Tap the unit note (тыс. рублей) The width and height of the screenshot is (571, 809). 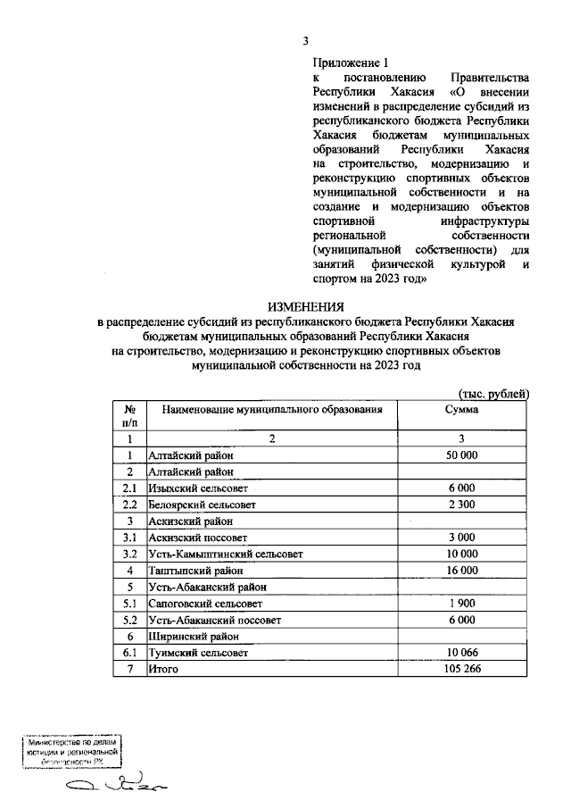click(x=493, y=393)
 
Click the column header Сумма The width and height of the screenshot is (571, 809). click(x=461, y=408)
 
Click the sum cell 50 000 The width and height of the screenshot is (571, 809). click(x=461, y=455)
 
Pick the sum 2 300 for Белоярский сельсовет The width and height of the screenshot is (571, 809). click(x=461, y=505)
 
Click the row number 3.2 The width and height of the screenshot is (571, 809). click(x=129, y=554)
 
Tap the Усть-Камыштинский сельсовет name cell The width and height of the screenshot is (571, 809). click(x=226, y=554)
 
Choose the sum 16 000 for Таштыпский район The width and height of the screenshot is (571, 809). click(x=461, y=570)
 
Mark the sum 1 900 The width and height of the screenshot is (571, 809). click(x=461, y=603)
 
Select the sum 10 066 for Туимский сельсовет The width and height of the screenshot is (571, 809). click(x=461, y=653)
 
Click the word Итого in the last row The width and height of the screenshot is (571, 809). click(x=163, y=669)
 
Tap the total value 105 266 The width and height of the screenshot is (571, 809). click(x=461, y=669)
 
